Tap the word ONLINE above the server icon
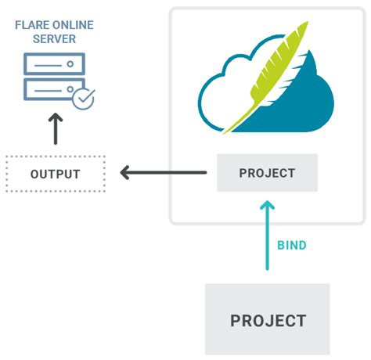pos(74,25)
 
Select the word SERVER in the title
pos(55,38)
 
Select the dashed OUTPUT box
pos(55,173)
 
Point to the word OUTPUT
pos(55,173)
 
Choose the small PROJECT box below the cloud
pos(267,173)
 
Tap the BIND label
pos(292,245)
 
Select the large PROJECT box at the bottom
pos(267,319)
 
